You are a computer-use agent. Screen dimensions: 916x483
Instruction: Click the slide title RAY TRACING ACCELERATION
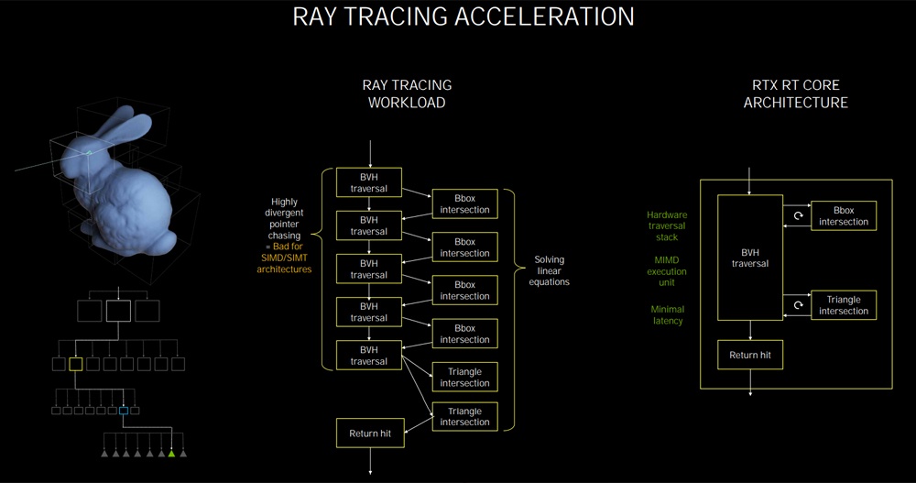pos(463,16)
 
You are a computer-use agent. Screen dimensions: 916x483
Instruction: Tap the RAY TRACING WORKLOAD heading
pos(408,93)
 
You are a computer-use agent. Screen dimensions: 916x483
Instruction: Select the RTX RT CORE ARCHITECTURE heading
pos(796,93)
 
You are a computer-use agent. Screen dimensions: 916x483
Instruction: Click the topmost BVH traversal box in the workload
pos(369,182)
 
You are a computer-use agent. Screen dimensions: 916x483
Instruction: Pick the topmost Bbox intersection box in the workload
pos(465,203)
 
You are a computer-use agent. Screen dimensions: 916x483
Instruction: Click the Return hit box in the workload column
pos(370,434)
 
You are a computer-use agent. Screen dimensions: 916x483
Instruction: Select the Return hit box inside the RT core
pos(750,355)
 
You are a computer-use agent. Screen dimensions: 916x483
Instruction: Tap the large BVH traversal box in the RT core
pos(750,258)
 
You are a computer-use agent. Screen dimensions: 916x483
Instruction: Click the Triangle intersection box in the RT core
pos(844,305)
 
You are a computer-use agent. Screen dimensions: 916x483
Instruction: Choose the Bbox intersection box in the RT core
pos(844,215)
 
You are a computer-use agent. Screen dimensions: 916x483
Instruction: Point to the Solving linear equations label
pos(549,270)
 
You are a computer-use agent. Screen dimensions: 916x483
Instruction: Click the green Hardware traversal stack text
pos(667,225)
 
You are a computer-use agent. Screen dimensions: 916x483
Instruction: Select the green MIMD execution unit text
pos(667,271)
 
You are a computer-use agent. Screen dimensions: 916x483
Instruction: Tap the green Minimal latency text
pos(667,315)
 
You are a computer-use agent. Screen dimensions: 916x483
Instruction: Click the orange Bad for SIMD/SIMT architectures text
pos(285,258)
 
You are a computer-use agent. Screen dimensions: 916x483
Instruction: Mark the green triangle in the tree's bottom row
pos(172,453)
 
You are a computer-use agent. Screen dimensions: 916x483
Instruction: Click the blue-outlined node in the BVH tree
pos(124,411)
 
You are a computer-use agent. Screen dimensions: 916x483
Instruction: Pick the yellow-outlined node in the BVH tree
pos(75,364)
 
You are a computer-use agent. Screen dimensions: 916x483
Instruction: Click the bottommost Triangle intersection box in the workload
pos(465,417)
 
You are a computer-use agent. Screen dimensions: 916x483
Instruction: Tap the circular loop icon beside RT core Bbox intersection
pos(798,215)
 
